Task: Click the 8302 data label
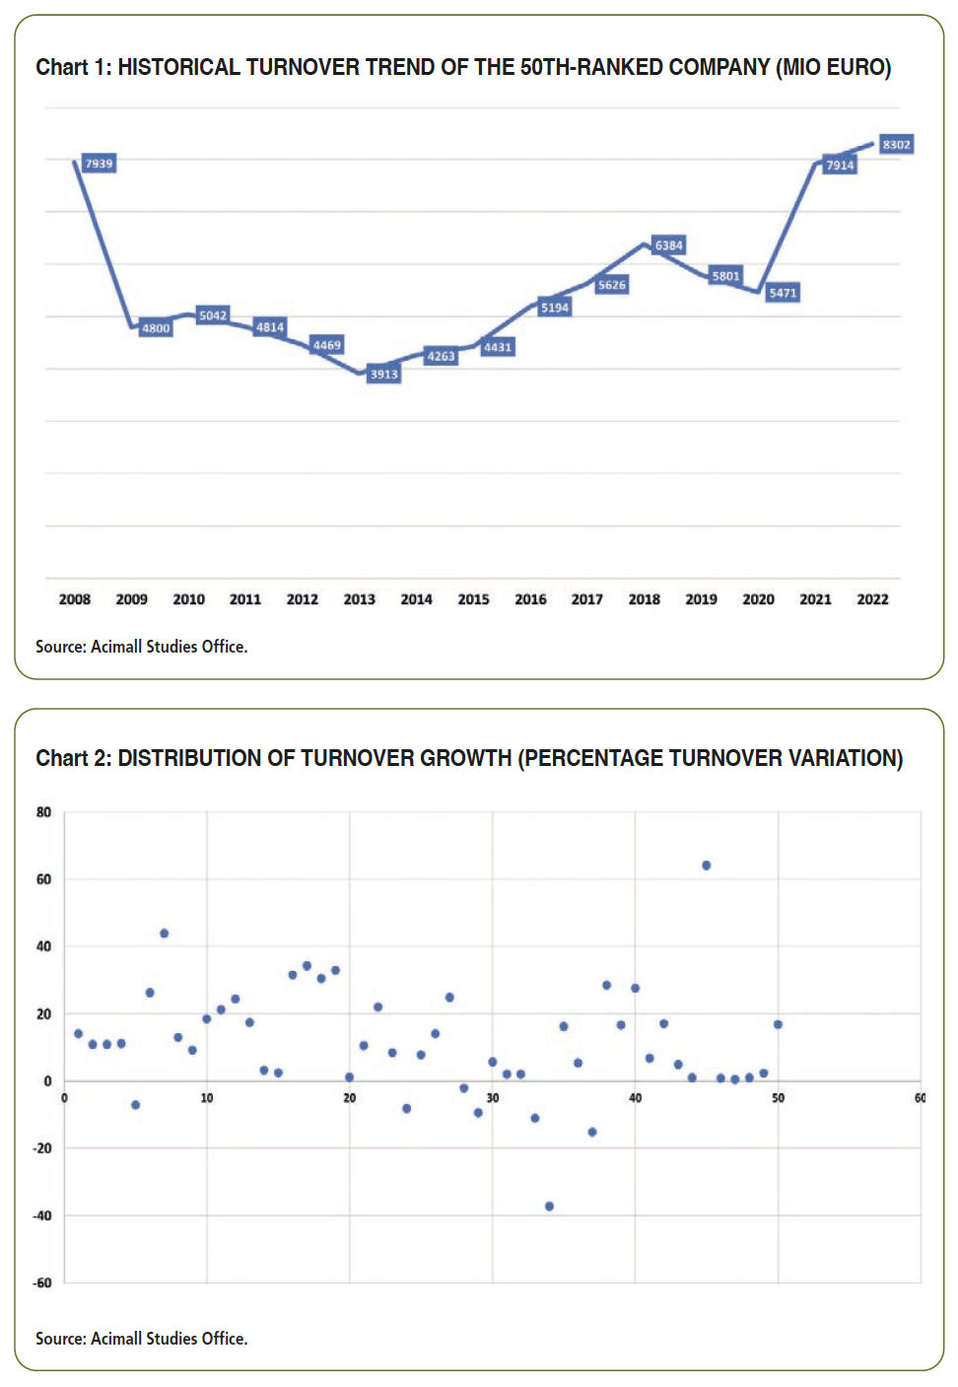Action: tap(896, 145)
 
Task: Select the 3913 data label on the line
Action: tap(384, 374)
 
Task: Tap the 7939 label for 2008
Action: tap(100, 164)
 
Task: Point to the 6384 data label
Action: tap(669, 245)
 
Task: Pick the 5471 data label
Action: tap(783, 293)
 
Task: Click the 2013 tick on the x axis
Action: tap(359, 599)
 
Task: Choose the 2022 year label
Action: tap(872, 599)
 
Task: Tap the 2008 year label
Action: tap(74, 599)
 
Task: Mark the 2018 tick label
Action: tap(644, 599)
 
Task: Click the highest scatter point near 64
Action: tap(706, 865)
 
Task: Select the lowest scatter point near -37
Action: tap(549, 1207)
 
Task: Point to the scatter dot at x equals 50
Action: tap(778, 1025)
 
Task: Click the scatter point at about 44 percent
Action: tap(165, 934)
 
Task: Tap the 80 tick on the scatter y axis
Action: tap(43, 811)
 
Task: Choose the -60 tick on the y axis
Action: tap(42, 1283)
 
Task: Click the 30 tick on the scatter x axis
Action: tap(493, 1098)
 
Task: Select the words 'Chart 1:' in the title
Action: tap(74, 67)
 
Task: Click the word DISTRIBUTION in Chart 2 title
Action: tap(189, 758)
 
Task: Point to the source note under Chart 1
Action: tap(141, 647)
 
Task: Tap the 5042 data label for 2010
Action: tap(213, 315)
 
